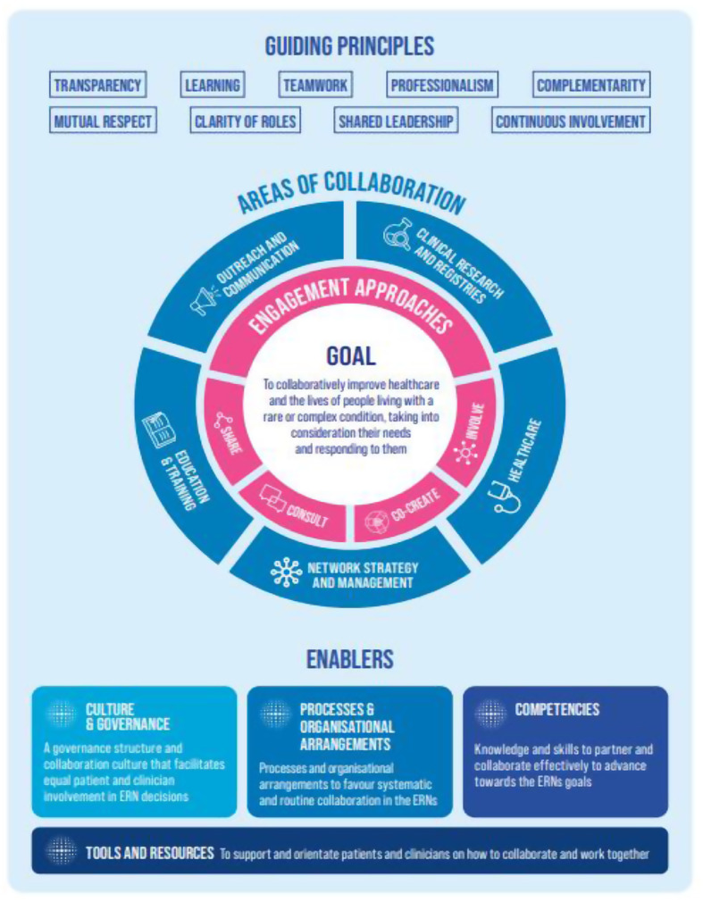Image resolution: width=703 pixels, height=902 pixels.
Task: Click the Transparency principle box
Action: click(x=97, y=86)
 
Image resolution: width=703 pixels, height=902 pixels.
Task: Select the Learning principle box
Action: click(x=213, y=86)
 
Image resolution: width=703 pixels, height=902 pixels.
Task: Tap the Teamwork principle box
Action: click(x=315, y=86)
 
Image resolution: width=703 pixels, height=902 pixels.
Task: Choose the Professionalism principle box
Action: click(x=442, y=86)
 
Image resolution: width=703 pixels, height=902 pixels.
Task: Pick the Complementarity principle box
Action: click(x=590, y=86)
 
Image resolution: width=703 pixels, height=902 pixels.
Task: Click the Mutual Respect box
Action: click(x=103, y=121)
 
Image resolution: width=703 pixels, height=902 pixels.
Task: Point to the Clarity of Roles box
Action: click(x=244, y=121)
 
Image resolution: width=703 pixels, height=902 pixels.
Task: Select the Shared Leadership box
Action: click(x=396, y=121)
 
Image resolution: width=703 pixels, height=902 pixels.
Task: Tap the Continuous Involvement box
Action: click(x=570, y=121)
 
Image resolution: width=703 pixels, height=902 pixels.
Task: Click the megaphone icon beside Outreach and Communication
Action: click(x=205, y=302)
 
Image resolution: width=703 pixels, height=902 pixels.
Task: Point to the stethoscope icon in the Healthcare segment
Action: click(x=506, y=494)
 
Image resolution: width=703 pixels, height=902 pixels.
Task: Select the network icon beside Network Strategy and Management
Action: click(x=286, y=572)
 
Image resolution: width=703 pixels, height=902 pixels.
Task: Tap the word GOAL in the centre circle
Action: click(x=350, y=355)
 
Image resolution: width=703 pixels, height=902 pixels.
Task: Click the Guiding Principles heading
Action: click(x=349, y=46)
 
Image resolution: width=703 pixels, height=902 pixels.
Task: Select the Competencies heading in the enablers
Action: click(x=557, y=710)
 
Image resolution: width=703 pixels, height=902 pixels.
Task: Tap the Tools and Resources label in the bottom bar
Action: click(x=149, y=853)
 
